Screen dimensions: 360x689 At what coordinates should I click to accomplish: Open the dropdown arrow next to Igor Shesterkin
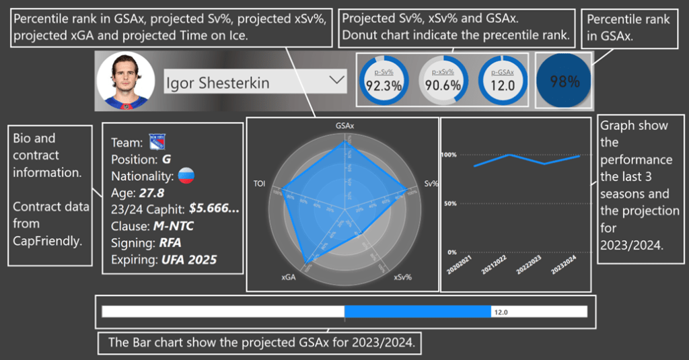click(x=335, y=81)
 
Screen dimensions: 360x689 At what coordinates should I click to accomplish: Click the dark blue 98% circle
click(x=565, y=81)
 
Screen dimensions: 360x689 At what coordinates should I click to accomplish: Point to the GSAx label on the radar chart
click(x=345, y=126)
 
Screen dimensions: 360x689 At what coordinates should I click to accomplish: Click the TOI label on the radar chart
click(x=260, y=183)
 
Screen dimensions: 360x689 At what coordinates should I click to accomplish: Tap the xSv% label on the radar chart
click(x=402, y=277)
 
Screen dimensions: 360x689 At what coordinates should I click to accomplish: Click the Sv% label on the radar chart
click(x=431, y=183)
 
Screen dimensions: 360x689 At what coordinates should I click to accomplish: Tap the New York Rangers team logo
click(x=156, y=142)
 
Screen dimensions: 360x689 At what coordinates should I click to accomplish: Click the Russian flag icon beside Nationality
click(x=185, y=176)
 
